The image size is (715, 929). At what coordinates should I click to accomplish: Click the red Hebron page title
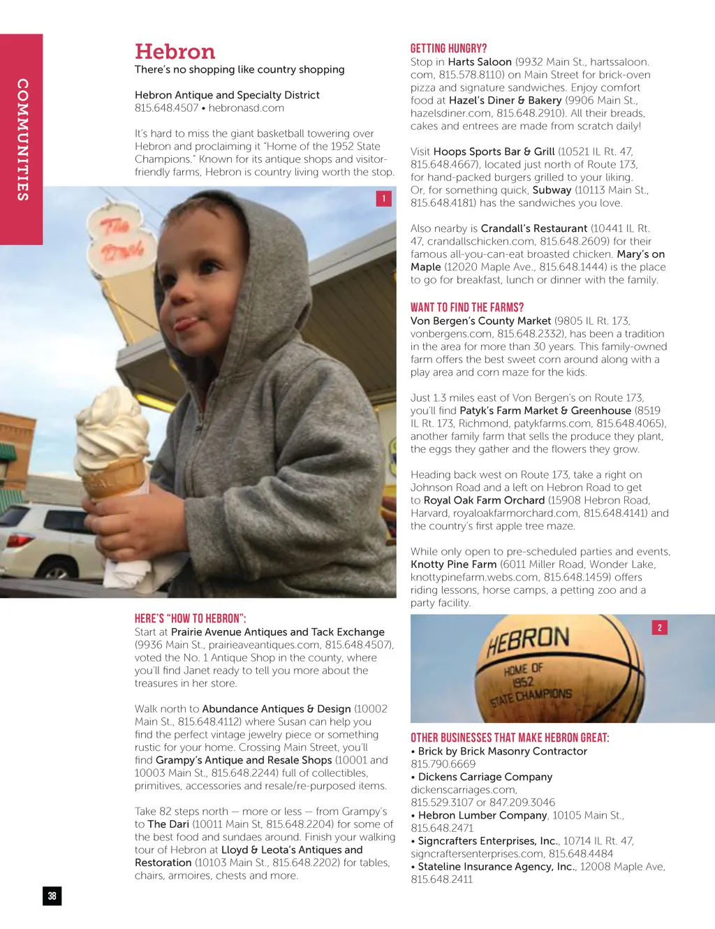pos(175,52)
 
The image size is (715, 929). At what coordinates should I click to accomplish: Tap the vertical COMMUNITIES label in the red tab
pos(22,140)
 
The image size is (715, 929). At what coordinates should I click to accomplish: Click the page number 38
pos(52,896)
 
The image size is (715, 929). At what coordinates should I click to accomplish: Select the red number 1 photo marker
pos(383,198)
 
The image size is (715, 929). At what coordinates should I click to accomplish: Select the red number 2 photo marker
pos(659,627)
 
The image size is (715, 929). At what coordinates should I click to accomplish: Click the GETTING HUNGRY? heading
pos(448,48)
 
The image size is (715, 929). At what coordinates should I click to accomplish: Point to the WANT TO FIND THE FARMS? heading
pos(466,307)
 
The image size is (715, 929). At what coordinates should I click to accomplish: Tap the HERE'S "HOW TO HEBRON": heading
pos(190,618)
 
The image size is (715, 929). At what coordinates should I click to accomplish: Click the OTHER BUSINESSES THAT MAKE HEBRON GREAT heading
pos(510,738)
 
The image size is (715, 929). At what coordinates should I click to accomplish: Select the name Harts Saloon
pos(480,62)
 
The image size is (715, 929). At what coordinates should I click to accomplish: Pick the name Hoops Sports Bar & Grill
pos(494,152)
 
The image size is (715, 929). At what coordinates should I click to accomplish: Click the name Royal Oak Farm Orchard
pos(484,500)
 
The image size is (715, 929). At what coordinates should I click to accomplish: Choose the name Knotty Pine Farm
pos(453,564)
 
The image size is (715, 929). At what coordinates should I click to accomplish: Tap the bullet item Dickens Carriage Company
pos(485,777)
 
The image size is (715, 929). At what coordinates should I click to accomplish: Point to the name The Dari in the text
pos(168,824)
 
